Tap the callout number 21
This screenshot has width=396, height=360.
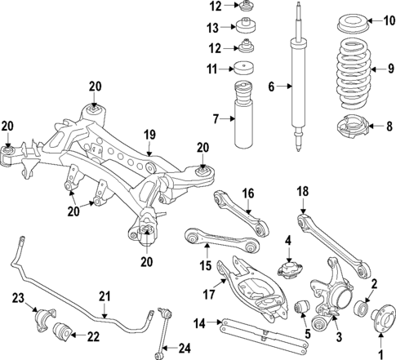(105, 296)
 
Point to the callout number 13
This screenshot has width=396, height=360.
(214, 26)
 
